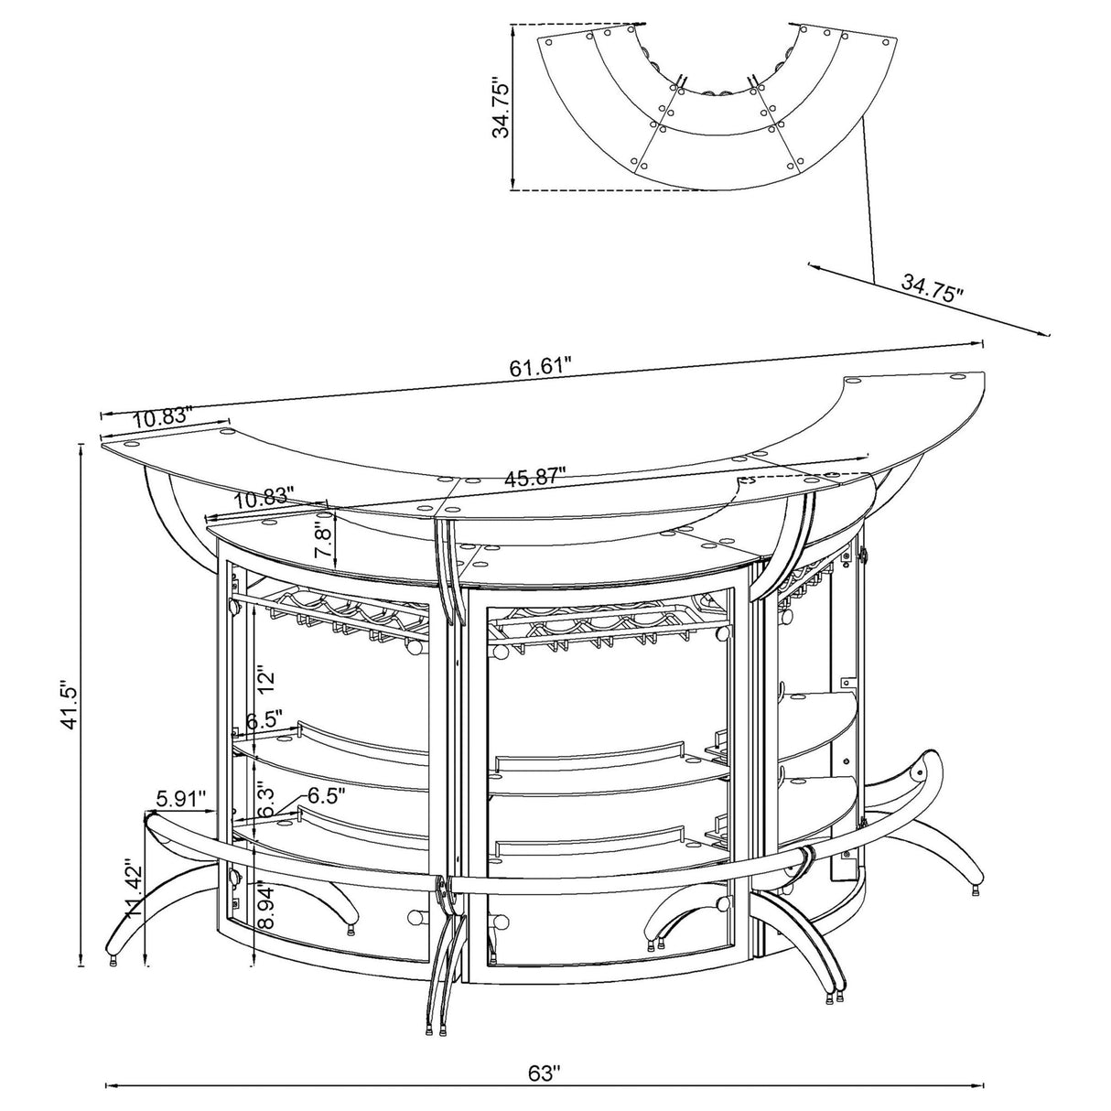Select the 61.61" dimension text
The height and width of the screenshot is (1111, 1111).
coord(540,368)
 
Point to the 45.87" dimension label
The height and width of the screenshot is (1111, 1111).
coord(534,477)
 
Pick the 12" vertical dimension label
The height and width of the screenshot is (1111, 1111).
coord(265,679)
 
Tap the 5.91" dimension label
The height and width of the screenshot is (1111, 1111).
coord(180,799)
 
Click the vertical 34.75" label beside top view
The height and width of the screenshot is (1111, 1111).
coord(502,106)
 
